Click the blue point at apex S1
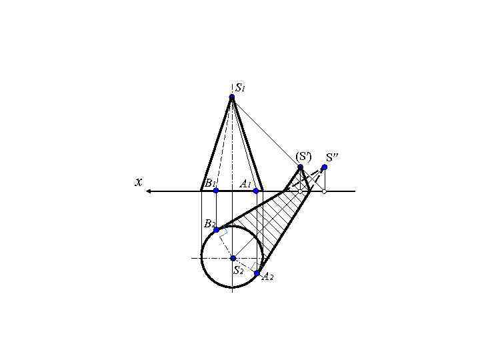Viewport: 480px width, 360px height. pyautogui.click(x=232, y=97)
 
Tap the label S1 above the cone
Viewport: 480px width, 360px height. pyautogui.click(x=241, y=87)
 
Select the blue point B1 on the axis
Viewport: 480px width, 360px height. pyautogui.click(x=216, y=191)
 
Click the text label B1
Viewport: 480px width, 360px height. pyautogui.click(x=210, y=183)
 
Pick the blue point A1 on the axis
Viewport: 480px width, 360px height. pyautogui.click(x=256, y=191)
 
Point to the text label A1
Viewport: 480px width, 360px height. pyautogui.click(x=245, y=183)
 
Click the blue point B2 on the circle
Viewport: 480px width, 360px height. pyautogui.click(x=216, y=230)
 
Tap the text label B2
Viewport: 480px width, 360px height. pyautogui.click(x=209, y=223)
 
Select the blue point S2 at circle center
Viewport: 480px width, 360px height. pyautogui.click(x=233, y=258)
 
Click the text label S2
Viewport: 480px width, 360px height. pyautogui.click(x=238, y=270)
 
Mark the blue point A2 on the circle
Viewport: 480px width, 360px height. pyautogui.click(x=257, y=273)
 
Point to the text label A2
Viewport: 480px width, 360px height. pyautogui.click(x=267, y=277)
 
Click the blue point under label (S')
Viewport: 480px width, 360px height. pyautogui.click(x=301, y=167)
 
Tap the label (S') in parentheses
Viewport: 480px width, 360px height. pyautogui.click(x=303, y=156)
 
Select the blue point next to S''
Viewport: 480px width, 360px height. pyautogui.click(x=324, y=167)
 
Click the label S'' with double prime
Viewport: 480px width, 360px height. pyautogui.click(x=332, y=158)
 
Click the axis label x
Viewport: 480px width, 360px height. pyautogui.click(x=138, y=181)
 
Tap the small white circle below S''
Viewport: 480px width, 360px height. pyautogui.click(x=324, y=191)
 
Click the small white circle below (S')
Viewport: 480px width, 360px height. pyautogui.click(x=301, y=191)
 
